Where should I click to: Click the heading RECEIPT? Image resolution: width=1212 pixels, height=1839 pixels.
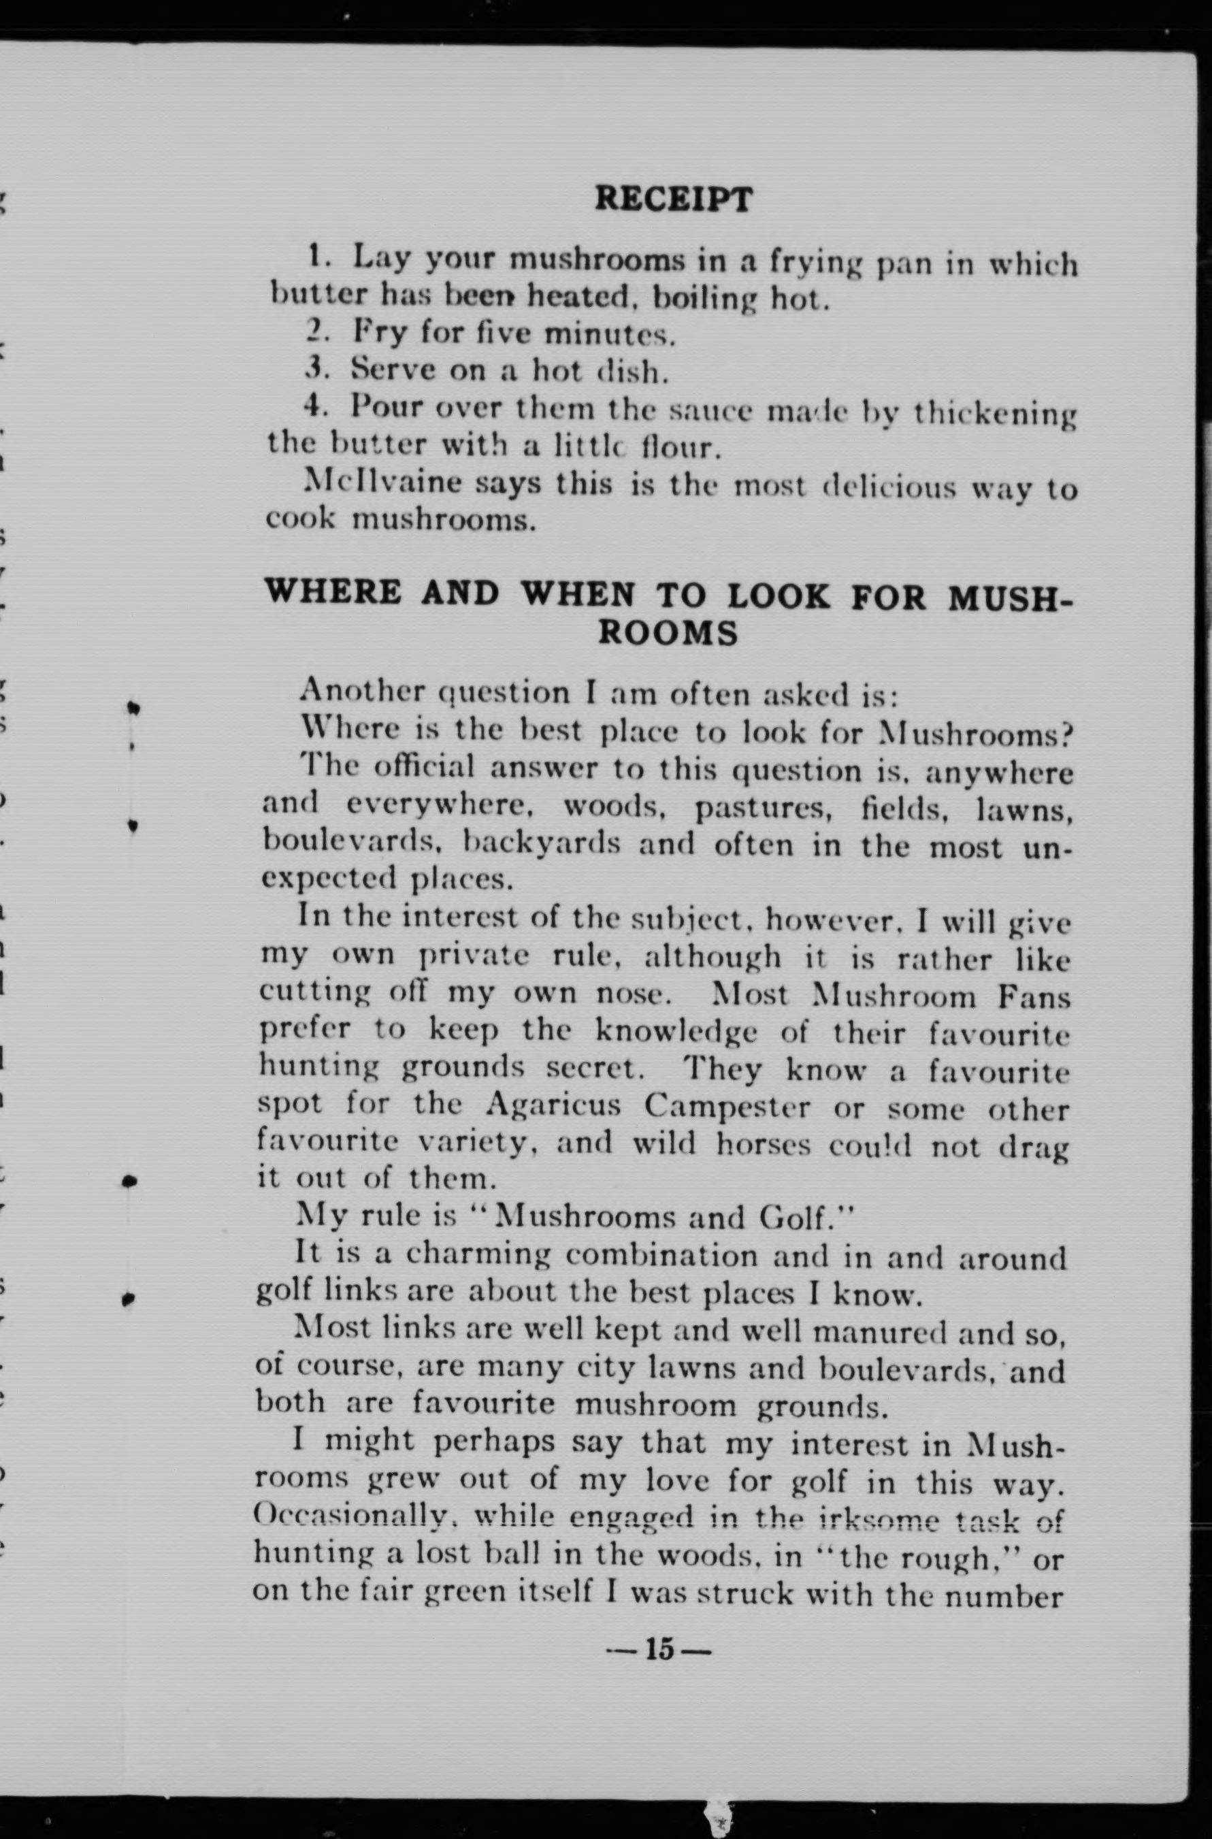point(672,199)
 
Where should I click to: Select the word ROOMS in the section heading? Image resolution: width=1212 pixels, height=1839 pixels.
point(670,634)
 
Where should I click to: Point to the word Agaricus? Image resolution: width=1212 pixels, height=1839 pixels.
point(553,1105)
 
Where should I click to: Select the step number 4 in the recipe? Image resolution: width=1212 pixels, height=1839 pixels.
point(313,404)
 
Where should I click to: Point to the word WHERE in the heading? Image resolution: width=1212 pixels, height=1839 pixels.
point(334,593)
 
